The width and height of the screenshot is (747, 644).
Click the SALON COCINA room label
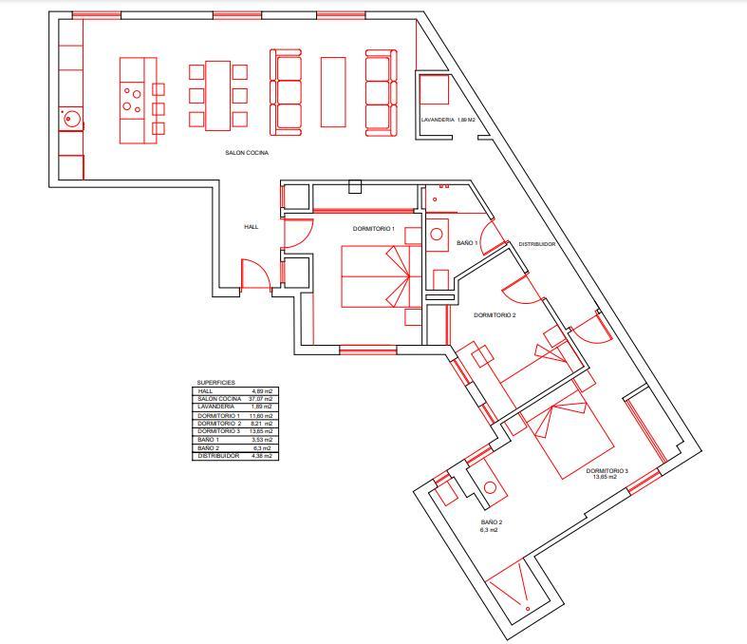point(247,153)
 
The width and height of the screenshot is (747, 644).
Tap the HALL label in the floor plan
point(252,227)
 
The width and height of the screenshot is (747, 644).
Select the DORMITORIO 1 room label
point(374,229)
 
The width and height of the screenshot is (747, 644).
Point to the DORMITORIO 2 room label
point(495,315)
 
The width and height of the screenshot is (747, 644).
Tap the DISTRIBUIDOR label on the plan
point(537,244)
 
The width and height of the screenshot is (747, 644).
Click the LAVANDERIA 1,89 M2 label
point(448,120)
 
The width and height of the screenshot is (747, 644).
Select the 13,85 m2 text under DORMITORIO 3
point(605,476)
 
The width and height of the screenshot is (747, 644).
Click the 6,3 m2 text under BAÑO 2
point(489,530)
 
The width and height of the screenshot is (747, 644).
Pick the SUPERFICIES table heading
point(215,382)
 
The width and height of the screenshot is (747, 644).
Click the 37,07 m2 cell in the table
point(261,399)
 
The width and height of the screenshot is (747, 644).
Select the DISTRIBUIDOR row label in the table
point(218,456)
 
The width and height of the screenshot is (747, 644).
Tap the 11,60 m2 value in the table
point(261,416)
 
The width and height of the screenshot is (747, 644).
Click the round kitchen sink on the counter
point(70,118)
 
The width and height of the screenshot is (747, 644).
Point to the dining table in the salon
point(218,95)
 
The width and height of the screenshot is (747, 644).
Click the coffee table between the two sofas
point(333,92)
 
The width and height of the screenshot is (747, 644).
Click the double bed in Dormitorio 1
point(376,276)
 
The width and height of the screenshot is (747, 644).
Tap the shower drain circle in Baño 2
point(528,609)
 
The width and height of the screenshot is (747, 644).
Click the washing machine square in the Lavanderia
point(435,89)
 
